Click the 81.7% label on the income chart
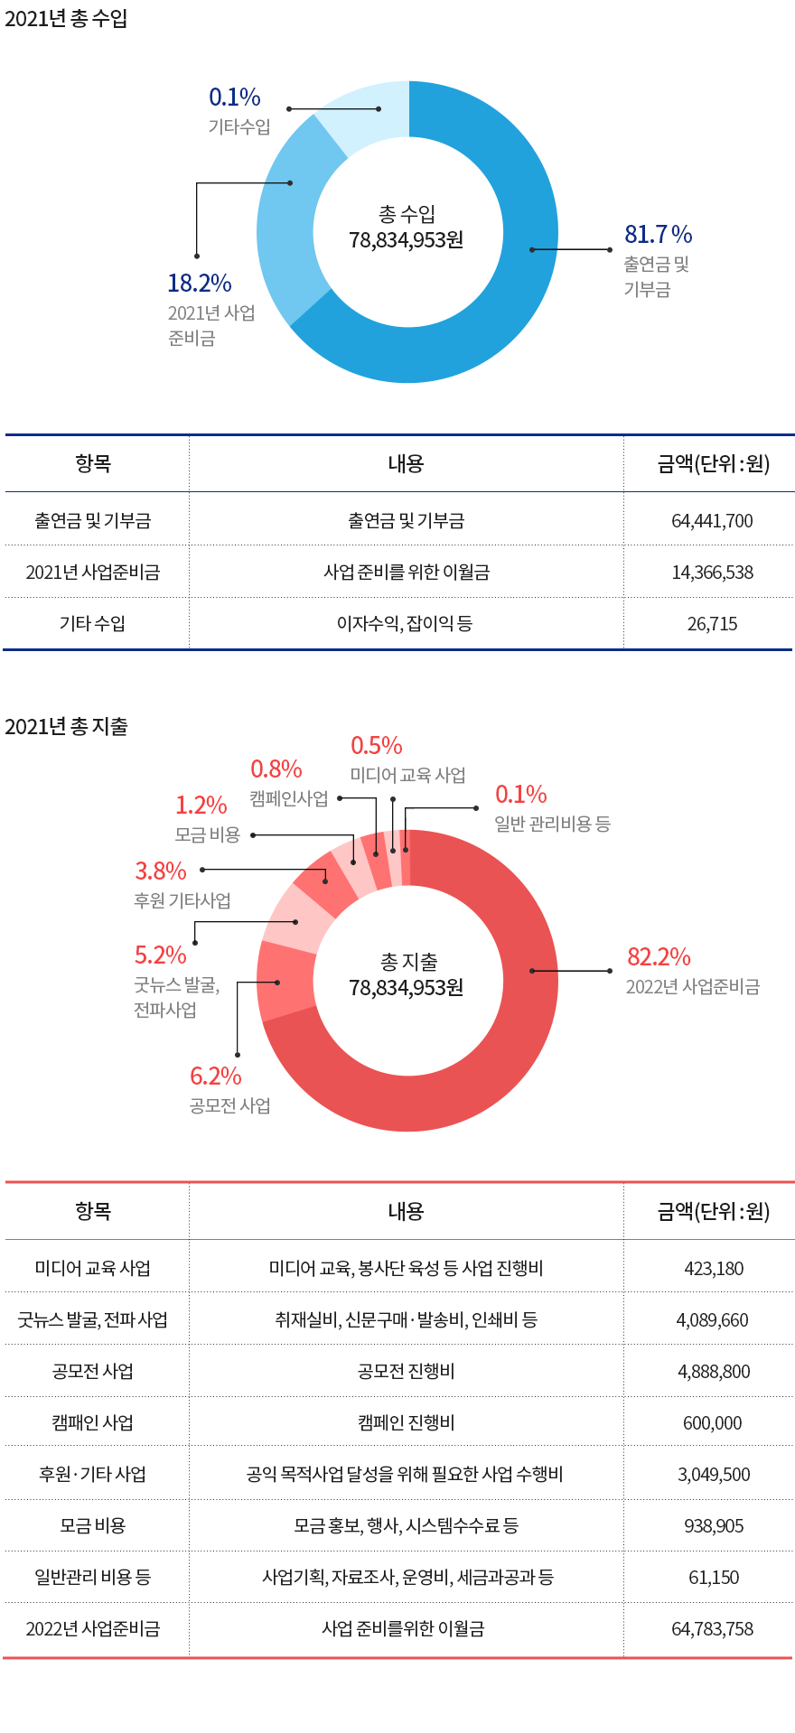658,235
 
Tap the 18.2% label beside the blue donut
200,284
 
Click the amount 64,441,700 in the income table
712,521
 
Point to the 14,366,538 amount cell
712,573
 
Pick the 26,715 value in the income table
712,624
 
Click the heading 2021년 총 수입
66,19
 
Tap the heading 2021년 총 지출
66,727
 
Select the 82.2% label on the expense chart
659,957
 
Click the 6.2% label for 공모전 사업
216,1076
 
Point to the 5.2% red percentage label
161,955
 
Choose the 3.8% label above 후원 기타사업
161,871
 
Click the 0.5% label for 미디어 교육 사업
377,746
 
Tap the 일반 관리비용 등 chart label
552,824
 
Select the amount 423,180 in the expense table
714,1269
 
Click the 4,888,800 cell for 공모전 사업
714,1372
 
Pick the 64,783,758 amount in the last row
712,1629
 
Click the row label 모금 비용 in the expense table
93,1526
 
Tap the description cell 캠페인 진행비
407,1423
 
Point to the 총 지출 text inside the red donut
408,963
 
